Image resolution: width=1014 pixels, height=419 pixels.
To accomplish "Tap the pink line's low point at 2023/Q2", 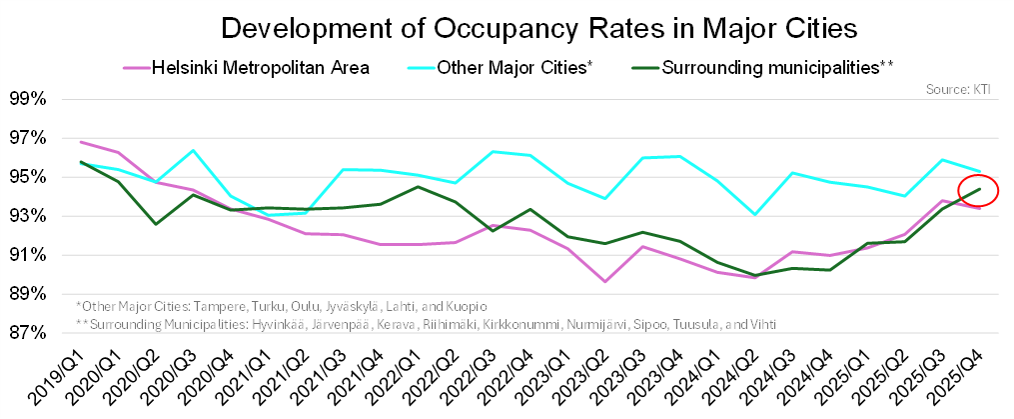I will coord(603,281).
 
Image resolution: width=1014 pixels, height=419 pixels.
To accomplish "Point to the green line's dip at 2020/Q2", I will coord(155,224).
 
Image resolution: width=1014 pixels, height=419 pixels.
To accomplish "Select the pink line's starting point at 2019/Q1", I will coord(80,142).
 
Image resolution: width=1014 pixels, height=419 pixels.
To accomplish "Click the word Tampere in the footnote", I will coord(215,305).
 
